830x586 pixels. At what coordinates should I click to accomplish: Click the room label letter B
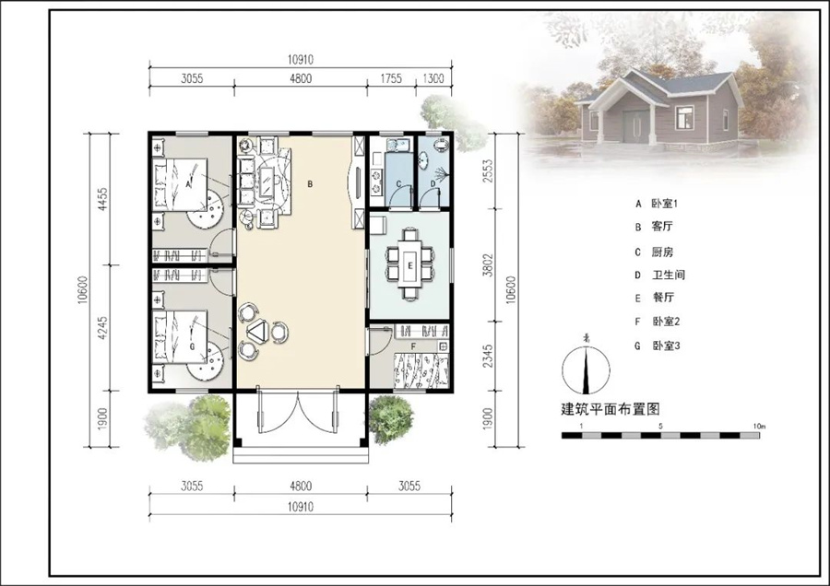pyautogui.click(x=310, y=184)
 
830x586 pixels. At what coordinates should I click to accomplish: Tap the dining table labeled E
pyautogui.click(x=410, y=264)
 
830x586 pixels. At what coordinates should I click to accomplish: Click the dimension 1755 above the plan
pyautogui.click(x=391, y=79)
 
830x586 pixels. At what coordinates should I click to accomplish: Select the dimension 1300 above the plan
pyautogui.click(x=433, y=79)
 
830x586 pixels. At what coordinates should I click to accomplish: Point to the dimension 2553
pyautogui.click(x=488, y=170)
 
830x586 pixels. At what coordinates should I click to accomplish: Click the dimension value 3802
pyautogui.click(x=488, y=265)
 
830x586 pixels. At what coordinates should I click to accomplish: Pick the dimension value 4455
pyautogui.click(x=102, y=199)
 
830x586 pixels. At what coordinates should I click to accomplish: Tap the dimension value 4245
pyautogui.click(x=102, y=328)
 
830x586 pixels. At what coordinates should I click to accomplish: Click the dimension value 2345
pyautogui.click(x=488, y=357)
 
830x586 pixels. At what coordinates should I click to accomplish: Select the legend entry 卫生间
pyautogui.click(x=668, y=275)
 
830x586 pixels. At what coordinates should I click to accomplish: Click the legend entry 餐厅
pyautogui.click(x=663, y=298)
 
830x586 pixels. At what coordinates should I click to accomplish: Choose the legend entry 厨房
pyautogui.click(x=662, y=252)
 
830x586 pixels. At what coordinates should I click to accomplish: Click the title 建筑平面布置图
pyautogui.click(x=611, y=409)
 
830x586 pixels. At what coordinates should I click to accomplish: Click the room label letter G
pyautogui.click(x=192, y=346)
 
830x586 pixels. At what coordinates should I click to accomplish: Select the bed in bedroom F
pyautogui.click(x=421, y=371)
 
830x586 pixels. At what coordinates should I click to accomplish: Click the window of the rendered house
pyautogui.click(x=684, y=117)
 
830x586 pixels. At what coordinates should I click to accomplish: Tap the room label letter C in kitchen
pyautogui.click(x=399, y=184)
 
